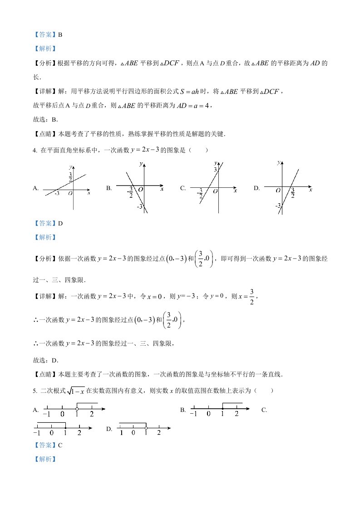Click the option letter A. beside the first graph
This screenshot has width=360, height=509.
(x=36, y=188)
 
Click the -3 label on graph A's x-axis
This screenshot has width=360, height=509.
(x=57, y=194)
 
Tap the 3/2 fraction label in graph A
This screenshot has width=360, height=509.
(x=71, y=176)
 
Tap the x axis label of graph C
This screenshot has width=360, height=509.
(x=235, y=191)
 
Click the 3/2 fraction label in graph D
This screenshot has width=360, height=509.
(x=293, y=193)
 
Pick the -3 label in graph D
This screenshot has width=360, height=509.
(x=277, y=206)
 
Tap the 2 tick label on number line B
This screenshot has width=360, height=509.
(x=237, y=414)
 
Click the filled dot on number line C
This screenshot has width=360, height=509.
(x=65, y=427)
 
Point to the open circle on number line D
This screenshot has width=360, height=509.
(x=146, y=427)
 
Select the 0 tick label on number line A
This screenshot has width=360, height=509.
(x=62, y=414)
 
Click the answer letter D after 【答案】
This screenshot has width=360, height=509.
(x=60, y=223)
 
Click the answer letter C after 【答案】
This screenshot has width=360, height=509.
(x=60, y=445)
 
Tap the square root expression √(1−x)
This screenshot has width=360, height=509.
(x=75, y=390)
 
